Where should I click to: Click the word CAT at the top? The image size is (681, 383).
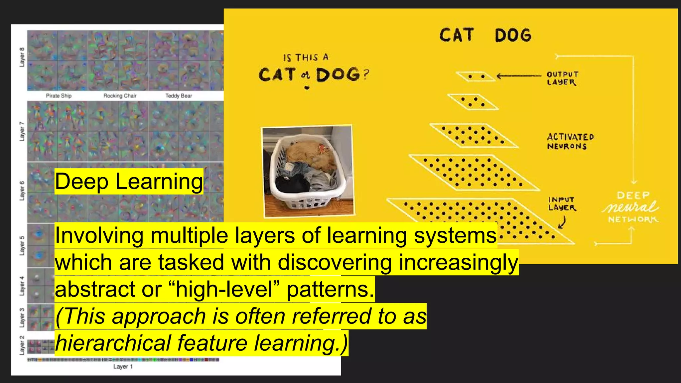pos(456,35)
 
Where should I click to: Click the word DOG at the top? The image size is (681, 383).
pos(513,36)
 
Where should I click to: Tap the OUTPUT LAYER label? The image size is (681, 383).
pos(562,78)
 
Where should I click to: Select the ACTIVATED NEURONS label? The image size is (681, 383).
pos(570,142)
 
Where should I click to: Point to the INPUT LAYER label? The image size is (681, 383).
pos(562,203)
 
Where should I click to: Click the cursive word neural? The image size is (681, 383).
pos(630,207)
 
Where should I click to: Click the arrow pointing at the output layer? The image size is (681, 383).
pos(519,76)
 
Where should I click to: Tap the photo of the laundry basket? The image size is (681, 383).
pos(308,171)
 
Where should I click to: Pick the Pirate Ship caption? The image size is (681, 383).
pos(59,96)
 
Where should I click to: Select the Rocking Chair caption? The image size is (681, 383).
pos(120,96)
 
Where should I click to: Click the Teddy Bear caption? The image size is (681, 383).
pos(179,96)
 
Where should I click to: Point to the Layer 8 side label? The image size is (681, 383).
pos(22,57)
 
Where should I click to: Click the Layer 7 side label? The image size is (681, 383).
pos(22,131)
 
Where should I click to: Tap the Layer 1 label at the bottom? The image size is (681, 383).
pos(123,367)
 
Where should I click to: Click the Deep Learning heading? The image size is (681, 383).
pos(129,182)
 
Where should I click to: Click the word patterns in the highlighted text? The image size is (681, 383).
pos(330,289)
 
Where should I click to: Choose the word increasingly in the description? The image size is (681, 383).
pos(458,262)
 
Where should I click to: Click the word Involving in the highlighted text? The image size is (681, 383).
pos(99,235)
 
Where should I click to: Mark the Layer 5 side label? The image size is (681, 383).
pos(22,245)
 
